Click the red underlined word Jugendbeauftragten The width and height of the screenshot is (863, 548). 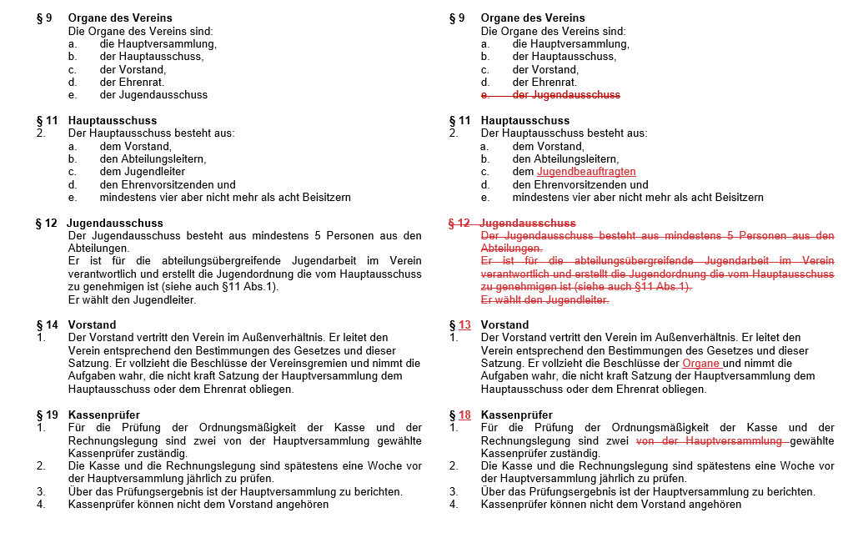(586, 172)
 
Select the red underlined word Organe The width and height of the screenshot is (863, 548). (700, 364)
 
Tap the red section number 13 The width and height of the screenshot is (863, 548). (464, 325)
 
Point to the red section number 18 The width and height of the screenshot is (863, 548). (464, 415)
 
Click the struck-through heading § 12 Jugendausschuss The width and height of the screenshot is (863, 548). (512, 224)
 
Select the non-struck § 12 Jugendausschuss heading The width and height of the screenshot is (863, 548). (99, 224)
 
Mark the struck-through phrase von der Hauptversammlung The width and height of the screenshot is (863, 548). (710, 440)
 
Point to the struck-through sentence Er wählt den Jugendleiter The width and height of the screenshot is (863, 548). (544, 300)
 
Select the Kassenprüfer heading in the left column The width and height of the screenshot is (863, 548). (104, 415)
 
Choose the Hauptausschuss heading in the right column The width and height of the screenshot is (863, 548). (524, 121)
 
